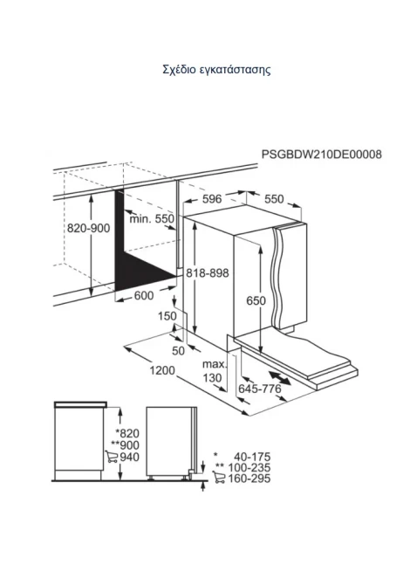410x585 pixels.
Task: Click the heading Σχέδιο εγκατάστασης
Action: click(216, 70)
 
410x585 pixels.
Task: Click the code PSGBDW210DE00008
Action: click(322, 154)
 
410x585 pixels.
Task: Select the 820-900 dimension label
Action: click(88, 228)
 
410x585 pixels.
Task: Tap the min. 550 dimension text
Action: click(152, 218)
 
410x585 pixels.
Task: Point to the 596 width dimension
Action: click(212, 199)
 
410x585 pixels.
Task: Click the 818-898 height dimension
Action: click(208, 273)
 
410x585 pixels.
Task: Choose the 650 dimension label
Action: click(256, 300)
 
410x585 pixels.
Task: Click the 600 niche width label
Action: click(143, 295)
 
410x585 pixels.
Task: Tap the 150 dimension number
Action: click(167, 316)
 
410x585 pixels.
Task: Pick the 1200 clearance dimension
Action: click(162, 370)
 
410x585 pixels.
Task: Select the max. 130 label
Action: click(215, 371)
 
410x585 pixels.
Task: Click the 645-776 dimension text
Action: click(260, 389)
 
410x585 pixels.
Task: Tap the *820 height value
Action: click(127, 433)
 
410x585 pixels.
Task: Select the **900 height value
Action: click(125, 445)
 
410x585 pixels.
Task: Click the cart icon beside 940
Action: click(112, 457)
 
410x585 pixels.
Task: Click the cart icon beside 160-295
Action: click(219, 478)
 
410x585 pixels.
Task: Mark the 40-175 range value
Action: click(252, 457)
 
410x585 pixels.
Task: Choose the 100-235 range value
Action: click(249, 467)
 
